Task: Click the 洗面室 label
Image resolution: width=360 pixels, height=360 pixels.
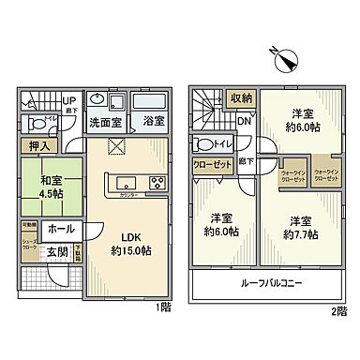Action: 105,122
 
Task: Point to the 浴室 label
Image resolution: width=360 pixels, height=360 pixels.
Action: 155,122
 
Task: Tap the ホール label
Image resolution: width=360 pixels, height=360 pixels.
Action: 61,228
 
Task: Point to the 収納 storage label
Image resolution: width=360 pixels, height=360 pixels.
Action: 243,97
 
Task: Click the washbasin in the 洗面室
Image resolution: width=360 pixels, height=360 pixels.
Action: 98,100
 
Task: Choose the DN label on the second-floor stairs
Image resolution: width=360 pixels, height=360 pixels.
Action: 242,120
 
